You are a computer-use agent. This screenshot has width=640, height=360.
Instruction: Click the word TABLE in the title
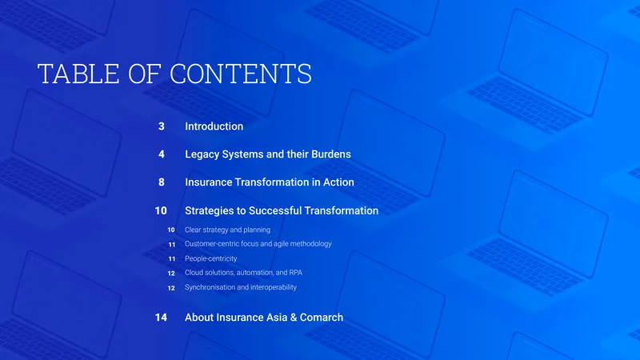point(78,74)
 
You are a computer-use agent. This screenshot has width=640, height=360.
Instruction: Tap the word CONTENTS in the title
point(241,74)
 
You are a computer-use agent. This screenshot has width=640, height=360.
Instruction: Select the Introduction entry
point(214,126)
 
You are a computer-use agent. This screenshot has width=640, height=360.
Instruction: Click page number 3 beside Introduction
point(162,126)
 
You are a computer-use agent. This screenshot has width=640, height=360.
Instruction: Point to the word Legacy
point(202,154)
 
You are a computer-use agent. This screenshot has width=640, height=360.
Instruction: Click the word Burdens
point(331,154)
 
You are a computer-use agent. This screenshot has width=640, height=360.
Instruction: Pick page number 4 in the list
point(162,154)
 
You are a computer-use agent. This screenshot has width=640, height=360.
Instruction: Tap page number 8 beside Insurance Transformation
point(162,182)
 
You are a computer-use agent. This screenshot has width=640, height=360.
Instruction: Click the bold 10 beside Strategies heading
point(161,210)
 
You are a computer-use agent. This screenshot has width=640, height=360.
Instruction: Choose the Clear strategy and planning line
point(227,230)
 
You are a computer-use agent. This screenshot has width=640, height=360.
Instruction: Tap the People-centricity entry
point(210,258)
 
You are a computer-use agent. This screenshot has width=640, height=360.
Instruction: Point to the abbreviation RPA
point(295,272)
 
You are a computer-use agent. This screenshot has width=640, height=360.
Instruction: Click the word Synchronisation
point(210,287)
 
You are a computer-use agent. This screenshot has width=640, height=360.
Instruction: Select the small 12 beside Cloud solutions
point(171,273)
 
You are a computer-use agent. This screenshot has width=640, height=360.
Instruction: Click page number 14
point(161,317)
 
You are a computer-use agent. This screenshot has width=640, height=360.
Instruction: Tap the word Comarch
point(322,317)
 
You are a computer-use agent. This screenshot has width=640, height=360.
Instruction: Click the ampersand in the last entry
point(294,317)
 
